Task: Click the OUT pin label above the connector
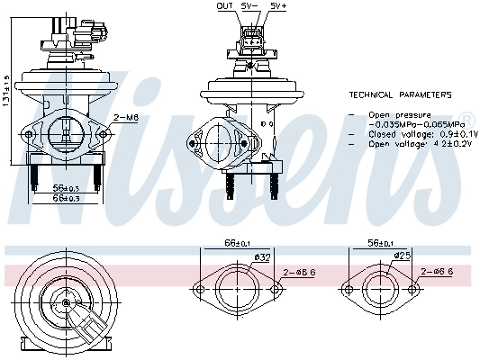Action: click(225, 5)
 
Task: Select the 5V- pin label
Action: click(251, 5)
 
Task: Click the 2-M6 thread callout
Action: click(127, 117)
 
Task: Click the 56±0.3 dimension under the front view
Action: click(62, 188)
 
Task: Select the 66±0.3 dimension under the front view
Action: click(62, 198)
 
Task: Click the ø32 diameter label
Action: click(262, 258)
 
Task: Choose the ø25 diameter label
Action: click(404, 257)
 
